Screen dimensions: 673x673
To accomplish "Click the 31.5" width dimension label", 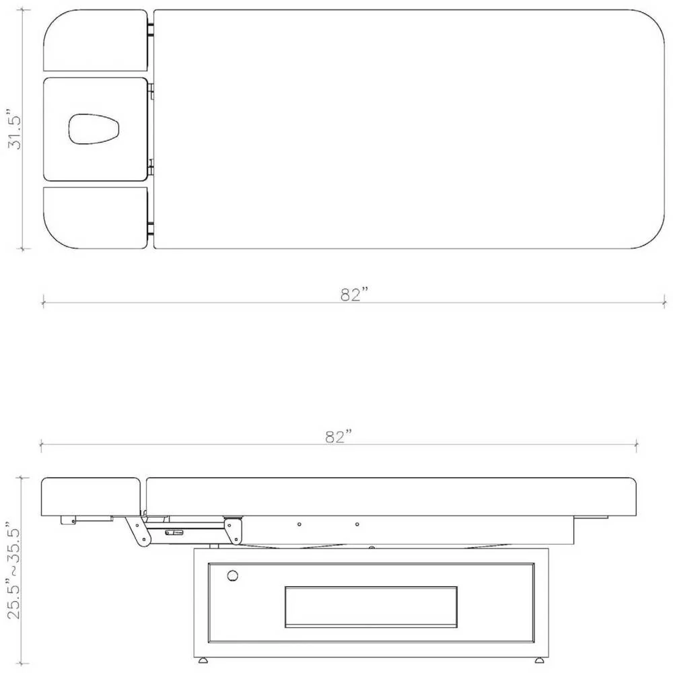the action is click(x=15, y=130).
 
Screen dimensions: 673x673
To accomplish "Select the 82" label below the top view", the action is click(x=355, y=295).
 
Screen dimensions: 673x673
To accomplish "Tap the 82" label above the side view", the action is click(x=339, y=437).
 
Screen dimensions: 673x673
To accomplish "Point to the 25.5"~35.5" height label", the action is click(x=13, y=571).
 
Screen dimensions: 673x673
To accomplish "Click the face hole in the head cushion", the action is click(x=94, y=129).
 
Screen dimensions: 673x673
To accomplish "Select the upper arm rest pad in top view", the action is click(x=96, y=40).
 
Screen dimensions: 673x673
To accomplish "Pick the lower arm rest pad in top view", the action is click(x=96, y=217).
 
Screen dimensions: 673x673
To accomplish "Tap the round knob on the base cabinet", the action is click(x=233, y=575).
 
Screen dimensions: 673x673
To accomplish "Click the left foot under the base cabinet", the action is click(x=203, y=660).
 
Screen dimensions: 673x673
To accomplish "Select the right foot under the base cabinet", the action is click(x=539, y=660).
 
